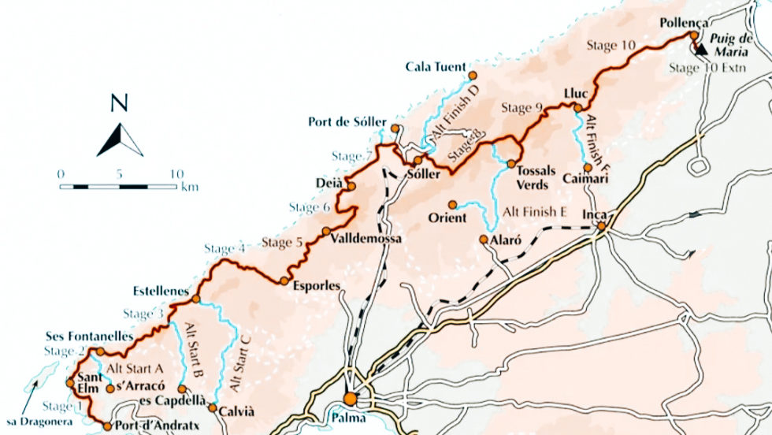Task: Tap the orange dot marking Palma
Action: click(350, 399)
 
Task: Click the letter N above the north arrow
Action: click(120, 103)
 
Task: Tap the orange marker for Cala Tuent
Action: click(472, 76)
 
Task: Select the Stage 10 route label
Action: click(612, 46)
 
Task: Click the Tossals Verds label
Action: click(537, 178)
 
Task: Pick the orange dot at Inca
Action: click(601, 227)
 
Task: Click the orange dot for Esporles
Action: click(284, 281)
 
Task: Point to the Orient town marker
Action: click(452, 204)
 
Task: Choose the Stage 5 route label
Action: click(282, 242)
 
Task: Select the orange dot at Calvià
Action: click(212, 407)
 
